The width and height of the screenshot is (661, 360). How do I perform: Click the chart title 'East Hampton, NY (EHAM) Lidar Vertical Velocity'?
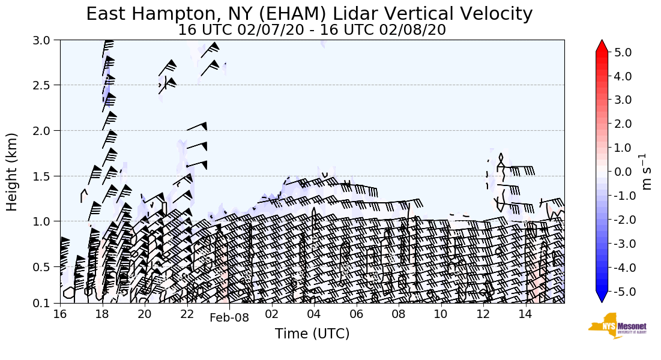click(309, 14)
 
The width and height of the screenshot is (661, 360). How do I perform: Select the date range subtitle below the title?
click(312, 30)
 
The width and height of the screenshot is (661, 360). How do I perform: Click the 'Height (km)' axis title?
click(13, 172)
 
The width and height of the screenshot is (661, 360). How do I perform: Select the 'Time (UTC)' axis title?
click(312, 334)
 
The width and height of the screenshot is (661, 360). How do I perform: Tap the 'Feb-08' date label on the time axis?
click(229, 318)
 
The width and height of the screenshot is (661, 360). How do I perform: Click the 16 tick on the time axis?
click(59, 314)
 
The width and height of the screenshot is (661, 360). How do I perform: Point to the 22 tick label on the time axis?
click(187, 314)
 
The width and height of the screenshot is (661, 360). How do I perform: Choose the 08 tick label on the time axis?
click(399, 314)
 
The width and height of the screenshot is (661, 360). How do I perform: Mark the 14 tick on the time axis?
click(525, 314)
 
